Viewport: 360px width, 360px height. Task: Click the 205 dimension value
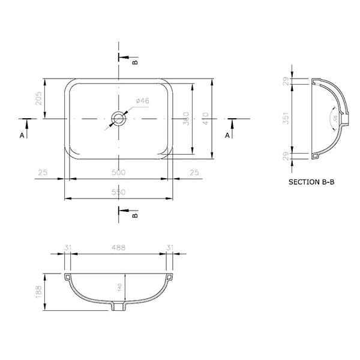pyautogui.click(x=38, y=98)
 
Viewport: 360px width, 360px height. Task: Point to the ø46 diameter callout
pyautogui.click(x=142, y=101)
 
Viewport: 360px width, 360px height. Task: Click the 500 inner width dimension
pyautogui.click(x=119, y=173)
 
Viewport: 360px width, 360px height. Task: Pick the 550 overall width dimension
pyautogui.click(x=119, y=192)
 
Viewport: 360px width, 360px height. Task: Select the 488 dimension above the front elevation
pyautogui.click(x=119, y=248)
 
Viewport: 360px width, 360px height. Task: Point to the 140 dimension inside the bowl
pyautogui.click(x=120, y=288)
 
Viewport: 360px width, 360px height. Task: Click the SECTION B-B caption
pyautogui.click(x=311, y=181)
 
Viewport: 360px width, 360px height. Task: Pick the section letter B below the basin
pyautogui.click(x=135, y=214)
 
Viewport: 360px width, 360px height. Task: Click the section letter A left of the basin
pyautogui.click(x=22, y=136)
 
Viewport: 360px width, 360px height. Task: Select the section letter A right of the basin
pyautogui.click(x=227, y=136)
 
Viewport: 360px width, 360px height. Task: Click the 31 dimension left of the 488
pyautogui.click(x=67, y=248)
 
